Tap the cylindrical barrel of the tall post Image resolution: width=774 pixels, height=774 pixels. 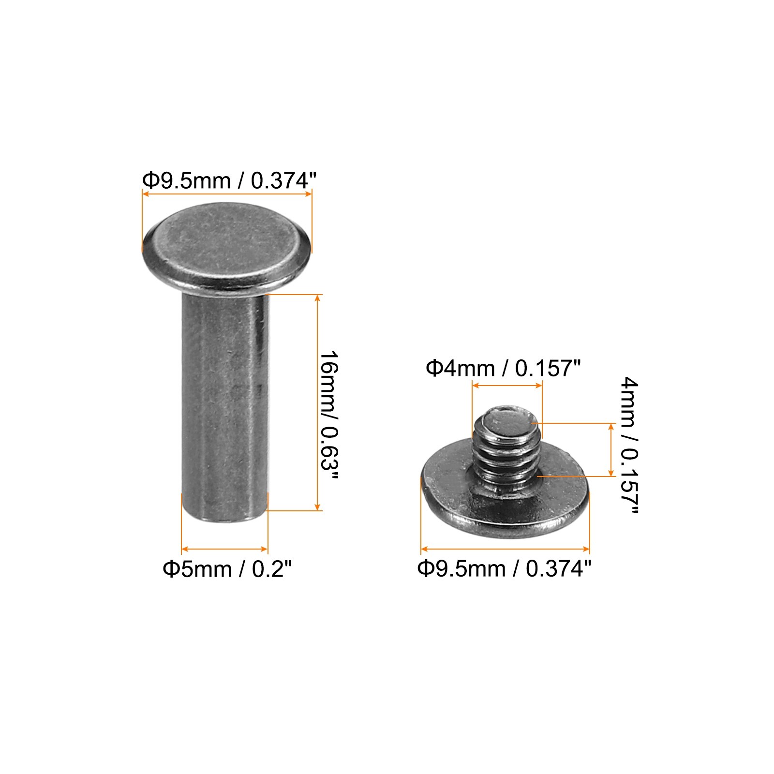225,406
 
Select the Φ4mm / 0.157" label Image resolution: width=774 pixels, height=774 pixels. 503,369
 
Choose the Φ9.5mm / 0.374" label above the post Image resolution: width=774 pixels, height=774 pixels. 229,181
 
